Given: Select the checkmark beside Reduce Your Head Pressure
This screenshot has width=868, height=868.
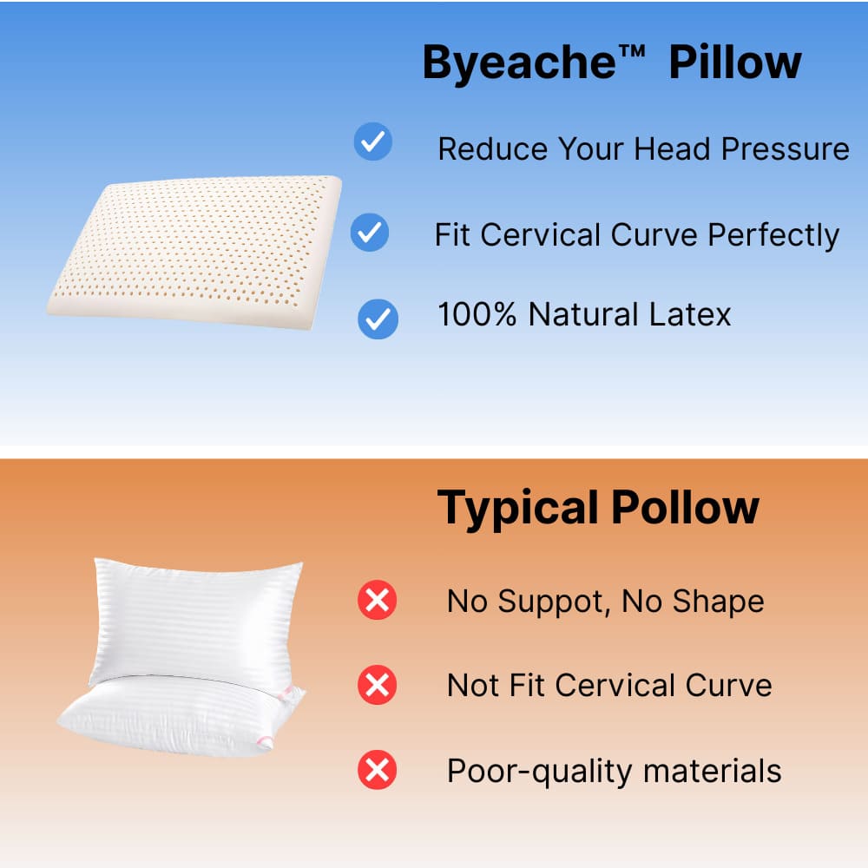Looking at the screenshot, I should pyautogui.click(x=373, y=141).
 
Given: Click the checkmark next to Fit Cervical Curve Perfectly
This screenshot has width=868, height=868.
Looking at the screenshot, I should pyautogui.click(x=370, y=233).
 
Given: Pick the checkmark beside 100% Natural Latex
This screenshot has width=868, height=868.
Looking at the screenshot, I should pyautogui.click(x=378, y=319).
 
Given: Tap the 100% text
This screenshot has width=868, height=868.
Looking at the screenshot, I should pyautogui.click(x=477, y=314).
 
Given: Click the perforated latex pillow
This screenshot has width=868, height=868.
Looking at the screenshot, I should pyautogui.click(x=195, y=252).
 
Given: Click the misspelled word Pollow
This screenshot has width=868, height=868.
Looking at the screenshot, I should pyautogui.click(x=686, y=507).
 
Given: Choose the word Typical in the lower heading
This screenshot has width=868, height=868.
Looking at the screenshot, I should pyautogui.click(x=517, y=509).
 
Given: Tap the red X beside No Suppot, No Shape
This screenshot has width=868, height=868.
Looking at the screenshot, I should pyautogui.click(x=378, y=601).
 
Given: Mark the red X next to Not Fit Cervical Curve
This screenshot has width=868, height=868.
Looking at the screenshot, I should pyautogui.click(x=378, y=686).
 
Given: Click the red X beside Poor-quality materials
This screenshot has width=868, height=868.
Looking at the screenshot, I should pyautogui.click(x=378, y=770).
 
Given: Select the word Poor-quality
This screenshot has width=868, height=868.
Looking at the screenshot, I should pyautogui.click(x=538, y=772).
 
